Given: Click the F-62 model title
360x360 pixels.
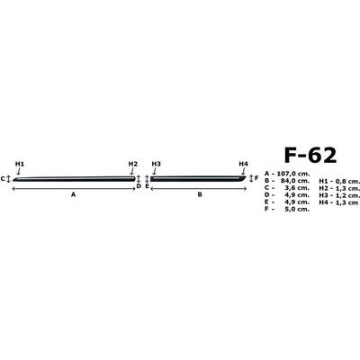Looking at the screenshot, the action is pos(310,155).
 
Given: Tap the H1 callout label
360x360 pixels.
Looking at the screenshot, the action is pos(20,164).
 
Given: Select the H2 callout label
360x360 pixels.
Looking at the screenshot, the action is pos(133,164).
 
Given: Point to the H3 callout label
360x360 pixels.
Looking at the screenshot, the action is pos(157,164).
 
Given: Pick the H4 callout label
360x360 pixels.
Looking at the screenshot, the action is pos(244,164).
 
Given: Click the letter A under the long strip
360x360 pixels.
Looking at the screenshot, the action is pos(73,194).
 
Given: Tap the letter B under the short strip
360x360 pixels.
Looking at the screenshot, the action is pos(200,194).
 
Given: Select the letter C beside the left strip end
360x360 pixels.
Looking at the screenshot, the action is pos(3,179).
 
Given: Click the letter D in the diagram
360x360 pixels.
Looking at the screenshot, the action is pos(139,186).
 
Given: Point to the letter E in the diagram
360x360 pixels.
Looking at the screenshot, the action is pos(147,186).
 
